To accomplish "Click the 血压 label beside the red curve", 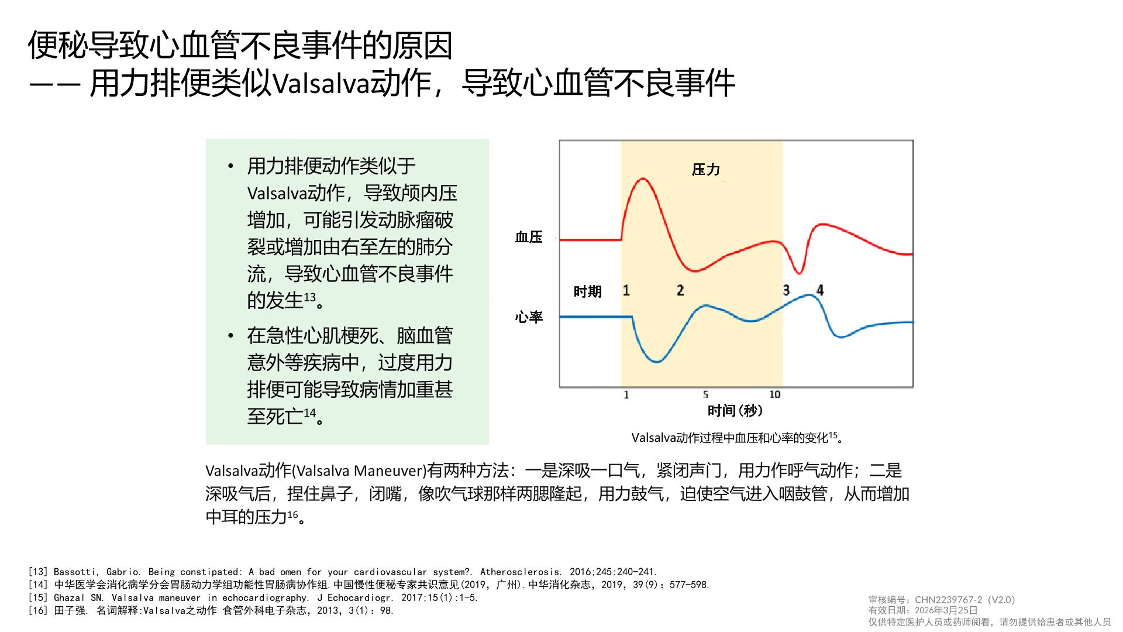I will pyautogui.click(x=528, y=237).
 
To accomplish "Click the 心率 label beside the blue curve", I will pyautogui.click(x=528, y=317).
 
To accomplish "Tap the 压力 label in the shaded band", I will pyautogui.click(x=705, y=170).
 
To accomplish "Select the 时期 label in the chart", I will pyautogui.click(x=587, y=291).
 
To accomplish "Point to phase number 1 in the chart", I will pyautogui.click(x=626, y=290).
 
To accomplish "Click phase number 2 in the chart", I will pyautogui.click(x=680, y=290).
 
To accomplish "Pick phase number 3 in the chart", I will pyautogui.click(x=786, y=290).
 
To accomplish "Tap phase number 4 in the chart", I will pyautogui.click(x=820, y=290).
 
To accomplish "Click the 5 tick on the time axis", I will pyautogui.click(x=705, y=394).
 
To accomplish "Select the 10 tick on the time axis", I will pyautogui.click(x=774, y=394).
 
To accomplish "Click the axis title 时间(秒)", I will pyautogui.click(x=735, y=411).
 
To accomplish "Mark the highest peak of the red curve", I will pyautogui.click(x=643, y=179).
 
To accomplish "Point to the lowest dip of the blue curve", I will pyautogui.click(x=657, y=362).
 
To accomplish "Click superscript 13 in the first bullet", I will pyautogui.click(x=309, y=297).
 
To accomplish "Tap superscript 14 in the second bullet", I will pyautogui.click(x=309, y=413).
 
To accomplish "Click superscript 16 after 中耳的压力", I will pyautogui.click(x=292, y=514).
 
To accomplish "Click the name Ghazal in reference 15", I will pyautogui.click(x=69, y=597).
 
